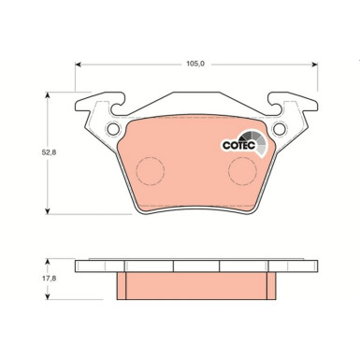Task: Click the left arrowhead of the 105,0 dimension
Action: coord(79,65)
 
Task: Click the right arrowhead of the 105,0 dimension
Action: coord(309,65)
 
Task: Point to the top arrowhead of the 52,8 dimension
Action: coord(50,96)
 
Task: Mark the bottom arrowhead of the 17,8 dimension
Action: coord(50,298)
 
